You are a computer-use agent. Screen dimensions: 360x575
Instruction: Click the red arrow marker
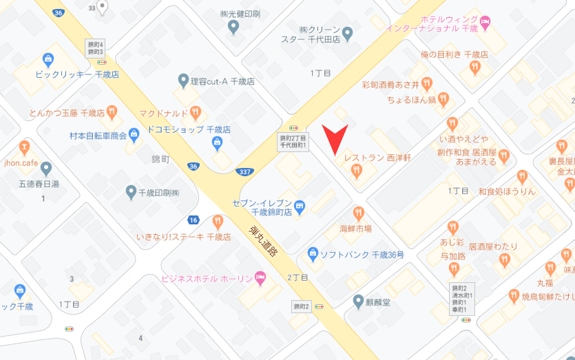(x=335, y=140)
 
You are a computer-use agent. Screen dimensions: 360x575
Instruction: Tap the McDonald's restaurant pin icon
(x=196, y=111)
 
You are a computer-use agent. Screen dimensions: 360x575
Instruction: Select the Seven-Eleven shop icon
(x=300, y=204)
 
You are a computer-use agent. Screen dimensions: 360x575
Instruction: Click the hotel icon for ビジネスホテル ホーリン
(x=260, y=278)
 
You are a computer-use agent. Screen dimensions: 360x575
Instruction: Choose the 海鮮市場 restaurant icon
(x=357, y=213)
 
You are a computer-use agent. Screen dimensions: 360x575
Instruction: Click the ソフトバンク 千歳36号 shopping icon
(x=313, y=254)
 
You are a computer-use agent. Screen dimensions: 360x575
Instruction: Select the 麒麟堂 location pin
(x=358, y=300)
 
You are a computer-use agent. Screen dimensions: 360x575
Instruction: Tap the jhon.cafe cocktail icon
(x=24, y=146)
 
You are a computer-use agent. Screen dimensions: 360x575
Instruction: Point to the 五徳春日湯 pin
(x=46, y=168)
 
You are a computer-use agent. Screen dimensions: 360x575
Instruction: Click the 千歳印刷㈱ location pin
(x=131, y=191)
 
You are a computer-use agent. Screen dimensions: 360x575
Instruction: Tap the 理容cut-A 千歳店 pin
(x=183, y=81)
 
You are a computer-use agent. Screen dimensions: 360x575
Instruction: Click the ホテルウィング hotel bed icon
(x=485, y=23)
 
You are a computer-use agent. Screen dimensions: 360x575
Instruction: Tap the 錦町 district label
(x=160, y=158)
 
